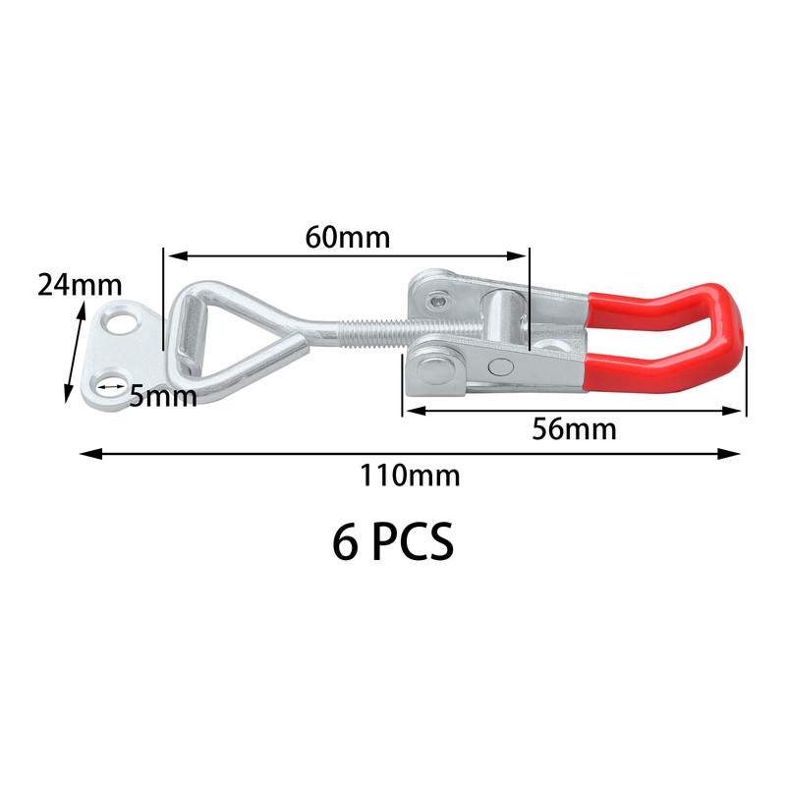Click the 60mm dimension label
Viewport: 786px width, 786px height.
coord(348,237)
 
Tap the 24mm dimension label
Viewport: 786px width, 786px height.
coord(80,285)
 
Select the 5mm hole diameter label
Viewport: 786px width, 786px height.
coord(163,396)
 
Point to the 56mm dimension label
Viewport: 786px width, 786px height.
coord(574,429)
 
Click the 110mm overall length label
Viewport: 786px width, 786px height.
coord(410,476)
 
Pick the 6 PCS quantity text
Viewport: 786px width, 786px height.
coord(393,541)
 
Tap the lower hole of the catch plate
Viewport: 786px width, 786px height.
coord(109,386)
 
